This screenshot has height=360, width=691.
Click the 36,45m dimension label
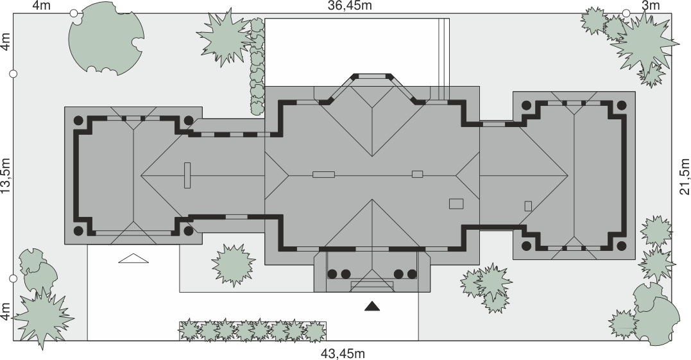[350, 5]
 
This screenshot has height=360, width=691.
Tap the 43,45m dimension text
[343, 354]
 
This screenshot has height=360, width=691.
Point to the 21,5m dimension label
[685, 176]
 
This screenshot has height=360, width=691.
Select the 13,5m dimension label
[6, 175]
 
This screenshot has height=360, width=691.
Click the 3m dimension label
[651, 5]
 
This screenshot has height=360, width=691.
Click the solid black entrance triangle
[372, 306]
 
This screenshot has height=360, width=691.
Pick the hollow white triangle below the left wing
[133, 259]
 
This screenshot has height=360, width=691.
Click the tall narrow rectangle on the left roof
[187, 175]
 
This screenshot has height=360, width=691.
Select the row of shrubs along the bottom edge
[253, 331]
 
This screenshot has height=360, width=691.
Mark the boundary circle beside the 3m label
[626, 13]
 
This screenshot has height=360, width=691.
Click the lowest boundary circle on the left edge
[13, 279]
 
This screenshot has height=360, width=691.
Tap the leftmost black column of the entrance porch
[332, 274]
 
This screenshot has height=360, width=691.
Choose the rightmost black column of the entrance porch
[412, 274]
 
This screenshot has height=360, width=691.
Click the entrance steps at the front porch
[372, 286]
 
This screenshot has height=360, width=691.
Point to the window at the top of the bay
[372, 76]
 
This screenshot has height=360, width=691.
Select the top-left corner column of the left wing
[78, 120]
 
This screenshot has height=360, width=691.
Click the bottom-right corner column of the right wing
[621, 245]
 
